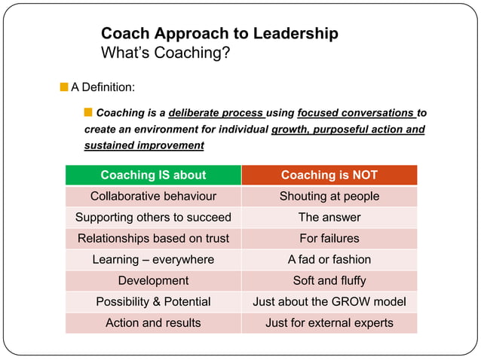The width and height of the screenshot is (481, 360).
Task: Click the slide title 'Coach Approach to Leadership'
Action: [219, 34]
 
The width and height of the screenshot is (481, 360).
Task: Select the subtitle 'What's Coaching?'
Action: [165, 53]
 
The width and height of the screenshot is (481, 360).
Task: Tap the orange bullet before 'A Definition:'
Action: [64, 87]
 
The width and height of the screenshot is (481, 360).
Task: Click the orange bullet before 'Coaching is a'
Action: [88, 113]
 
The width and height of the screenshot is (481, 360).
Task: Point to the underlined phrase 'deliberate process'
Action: [216, 114]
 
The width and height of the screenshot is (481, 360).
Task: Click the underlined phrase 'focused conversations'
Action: [357, 114]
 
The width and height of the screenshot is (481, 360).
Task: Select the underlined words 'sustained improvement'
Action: [144, 145]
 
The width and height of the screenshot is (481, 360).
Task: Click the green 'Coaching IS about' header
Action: [153, 175]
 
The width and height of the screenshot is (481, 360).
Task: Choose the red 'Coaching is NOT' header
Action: [329, 175]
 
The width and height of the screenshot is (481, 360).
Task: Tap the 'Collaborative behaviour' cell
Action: [153, 196]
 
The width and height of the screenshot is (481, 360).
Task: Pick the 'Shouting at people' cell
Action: [329, 196]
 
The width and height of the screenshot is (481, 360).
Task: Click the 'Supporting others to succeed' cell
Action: [153, 217]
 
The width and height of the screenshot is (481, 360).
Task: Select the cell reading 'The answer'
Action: [329, 217]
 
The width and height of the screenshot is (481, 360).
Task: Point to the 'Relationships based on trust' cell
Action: [153, 238]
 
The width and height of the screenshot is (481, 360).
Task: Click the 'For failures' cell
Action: [329, 238]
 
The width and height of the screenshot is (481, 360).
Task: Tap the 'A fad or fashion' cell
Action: [329, 259]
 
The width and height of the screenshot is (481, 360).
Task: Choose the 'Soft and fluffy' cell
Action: [329, 280]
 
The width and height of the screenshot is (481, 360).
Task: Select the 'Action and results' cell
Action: [153, 322]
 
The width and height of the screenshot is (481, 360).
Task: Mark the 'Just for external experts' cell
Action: [329, 322]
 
